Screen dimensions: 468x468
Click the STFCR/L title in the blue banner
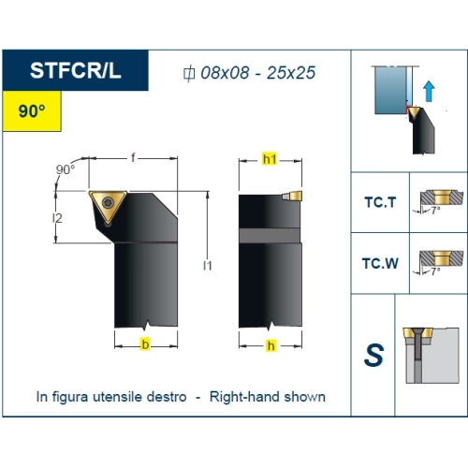pyautogui.click(x=75, y=70)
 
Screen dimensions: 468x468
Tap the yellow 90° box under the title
pyautogui.click(x=32, y=111)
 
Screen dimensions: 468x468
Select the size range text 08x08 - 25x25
pyautogui.click(x=257, y=73)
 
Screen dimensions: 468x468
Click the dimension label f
pyautogui.click(x=133, y=157)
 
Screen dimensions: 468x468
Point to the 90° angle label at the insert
pyautogui.click(x=66, y=169)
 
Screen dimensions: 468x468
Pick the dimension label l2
pyautogui.click(x=57, y=218)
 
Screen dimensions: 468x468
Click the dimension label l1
pyautogui.click(x=208, y=266)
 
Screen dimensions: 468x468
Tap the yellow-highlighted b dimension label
pyautogui.click(x=145, y=344)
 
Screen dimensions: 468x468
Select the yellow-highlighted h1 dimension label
pyautogui.click(x=270, y=159)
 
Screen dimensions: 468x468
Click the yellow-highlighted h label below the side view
pyautogui.click(x=271, y=345)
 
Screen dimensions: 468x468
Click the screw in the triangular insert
pyautogui.click(x=108, y=202)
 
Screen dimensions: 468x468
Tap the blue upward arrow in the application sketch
pyautogui.click(x=429, y=91)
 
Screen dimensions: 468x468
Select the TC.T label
pyautogui.click(x=380, y=202)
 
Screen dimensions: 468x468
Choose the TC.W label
pyautogui.click(x=380, y=263)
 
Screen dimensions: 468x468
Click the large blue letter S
pyautogui.click(x=373, y=355)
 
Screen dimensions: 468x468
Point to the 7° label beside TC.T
pyautogui.click(x=435, y=211)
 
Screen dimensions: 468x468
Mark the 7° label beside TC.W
pyautogui.click(x=435, y=271)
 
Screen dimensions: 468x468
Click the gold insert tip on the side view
pyautogui.click(x=295, y=196)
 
